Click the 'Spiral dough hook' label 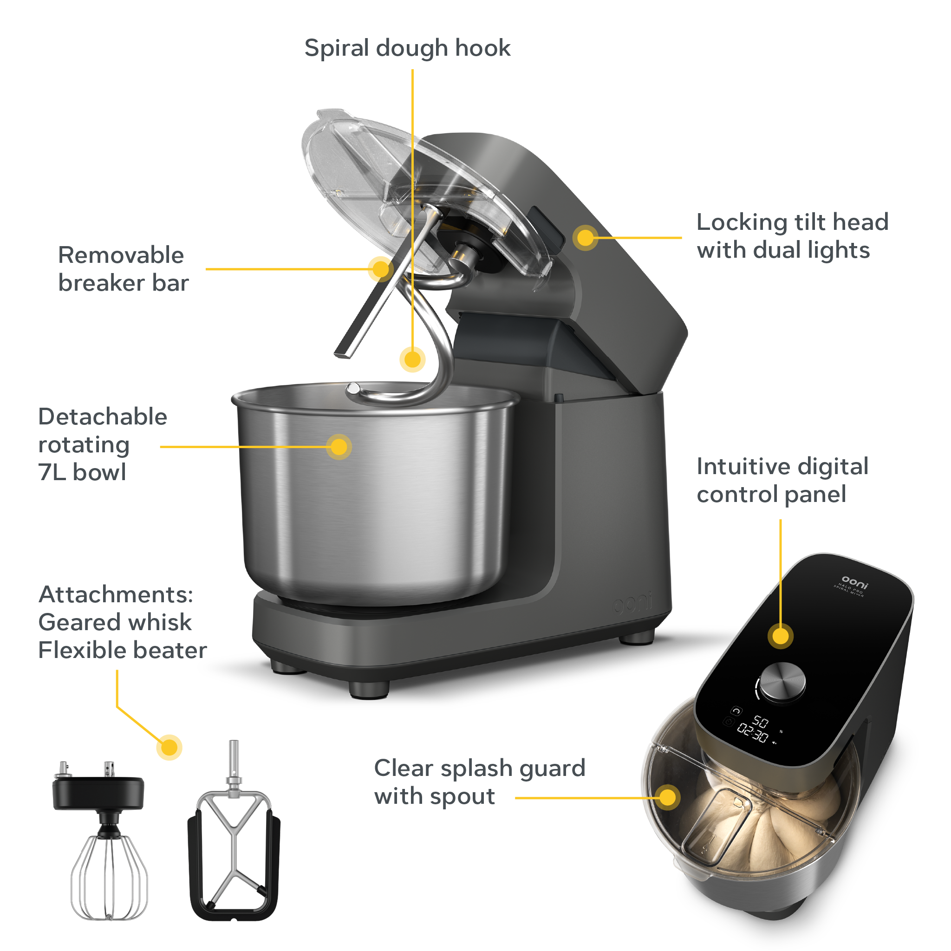(x=407, y=48)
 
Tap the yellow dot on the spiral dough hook (x=412, y=359)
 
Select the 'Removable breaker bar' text (x=123, y=269)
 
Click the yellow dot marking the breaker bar (x=380, y=269)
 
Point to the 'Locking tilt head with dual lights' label (x=792, y=236)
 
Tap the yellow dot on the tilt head (x=585, y=238)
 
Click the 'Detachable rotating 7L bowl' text (x=102, y=444)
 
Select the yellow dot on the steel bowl (x=339, y=447)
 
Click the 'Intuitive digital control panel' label (x=782, y=480)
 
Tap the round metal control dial (x=782, y=681)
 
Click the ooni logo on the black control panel (x=854, y=581)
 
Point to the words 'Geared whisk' (x=115, y=622)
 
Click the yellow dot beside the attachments (x=169, y=747)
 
